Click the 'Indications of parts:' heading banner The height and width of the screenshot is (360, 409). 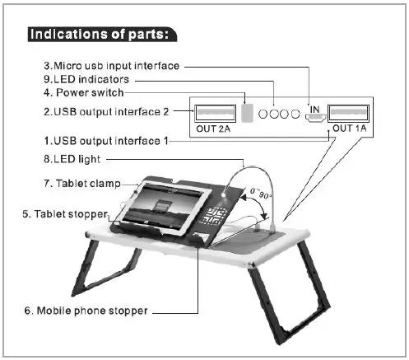(102, 35)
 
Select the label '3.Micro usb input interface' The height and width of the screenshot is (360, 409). (111, 66)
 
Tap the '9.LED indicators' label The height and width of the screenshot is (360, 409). (86, 79)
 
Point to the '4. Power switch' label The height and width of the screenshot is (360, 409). (84, 92)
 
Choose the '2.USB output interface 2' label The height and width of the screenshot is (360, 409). (106, 112)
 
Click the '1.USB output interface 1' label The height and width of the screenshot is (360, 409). (106, 141)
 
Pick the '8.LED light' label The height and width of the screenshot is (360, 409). (72, 159)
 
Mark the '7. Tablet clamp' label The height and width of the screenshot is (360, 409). (82, 184)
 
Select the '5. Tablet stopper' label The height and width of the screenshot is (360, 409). (65, 214)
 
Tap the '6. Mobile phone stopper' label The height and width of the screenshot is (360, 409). (86, 311)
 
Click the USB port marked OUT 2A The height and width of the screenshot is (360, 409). (216, 113)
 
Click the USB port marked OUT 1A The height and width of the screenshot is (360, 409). (348, 113)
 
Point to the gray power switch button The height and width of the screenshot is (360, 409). (247, 113)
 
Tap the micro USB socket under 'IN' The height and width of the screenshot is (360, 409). (315, 118)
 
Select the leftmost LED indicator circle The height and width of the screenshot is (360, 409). (263, 114)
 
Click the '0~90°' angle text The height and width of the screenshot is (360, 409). (261, 194)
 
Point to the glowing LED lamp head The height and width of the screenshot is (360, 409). (224, 194)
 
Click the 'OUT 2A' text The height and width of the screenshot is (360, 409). (213, 129)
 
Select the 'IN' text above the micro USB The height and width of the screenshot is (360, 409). (314, 110)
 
